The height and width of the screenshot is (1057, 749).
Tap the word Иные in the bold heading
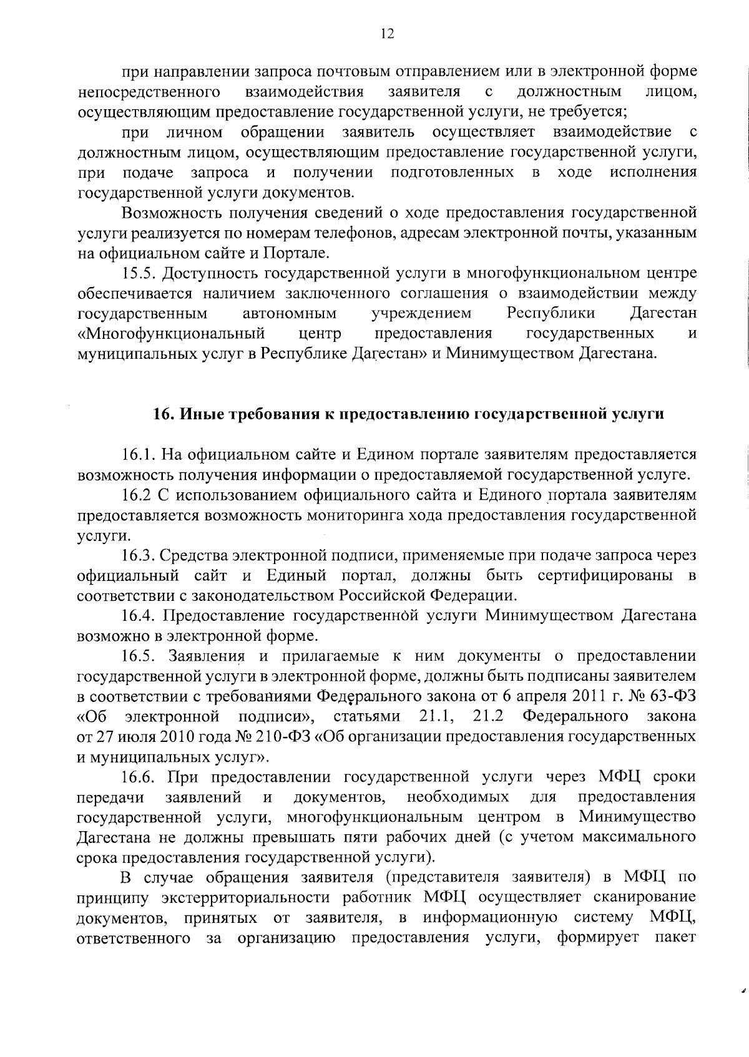(x=200, y=415)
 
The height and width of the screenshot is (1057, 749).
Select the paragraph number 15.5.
(x=140, y=273)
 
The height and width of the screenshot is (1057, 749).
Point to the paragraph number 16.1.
(x=140, y=455)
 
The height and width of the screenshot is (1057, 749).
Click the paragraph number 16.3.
(x=140, y=555)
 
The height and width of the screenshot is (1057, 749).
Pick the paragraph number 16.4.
(x=140, y=616)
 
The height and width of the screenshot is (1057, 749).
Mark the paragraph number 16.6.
(x=140, y=777)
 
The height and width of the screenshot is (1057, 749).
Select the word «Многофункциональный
(x=170, y=333)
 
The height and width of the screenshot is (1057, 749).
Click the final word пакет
(x=677, y=938)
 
